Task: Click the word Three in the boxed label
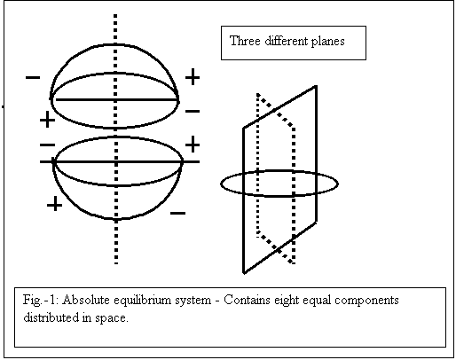pyautogui.click(x=245, y=41)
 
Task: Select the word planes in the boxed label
pyautogui.click(x=328, y=42)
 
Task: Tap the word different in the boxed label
pyautogui.click(x=287, y=41)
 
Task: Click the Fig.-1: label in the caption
pyautogui.click(x=42, y=300)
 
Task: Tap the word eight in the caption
pyautogui.click(x=283, y=301)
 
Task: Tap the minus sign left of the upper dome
pyautogui.click(x=33, y=78)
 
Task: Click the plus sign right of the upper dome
pyautogui.click(x=193, y=76)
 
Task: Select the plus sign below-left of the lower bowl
pyautogui.click(x=55, y=204)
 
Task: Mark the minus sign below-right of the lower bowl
pyautogui.click(x=178, y=213)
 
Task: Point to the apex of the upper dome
pyautogui.click(x=115, y=44)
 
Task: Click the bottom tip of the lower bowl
pyautogui.click(x=116, y=219)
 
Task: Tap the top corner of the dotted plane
pyautogui.click(x=258, y=94)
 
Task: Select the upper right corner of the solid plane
pyautogui.click(x=316, y=86)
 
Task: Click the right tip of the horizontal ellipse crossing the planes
pyautogui.click(x=338, y=184)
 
